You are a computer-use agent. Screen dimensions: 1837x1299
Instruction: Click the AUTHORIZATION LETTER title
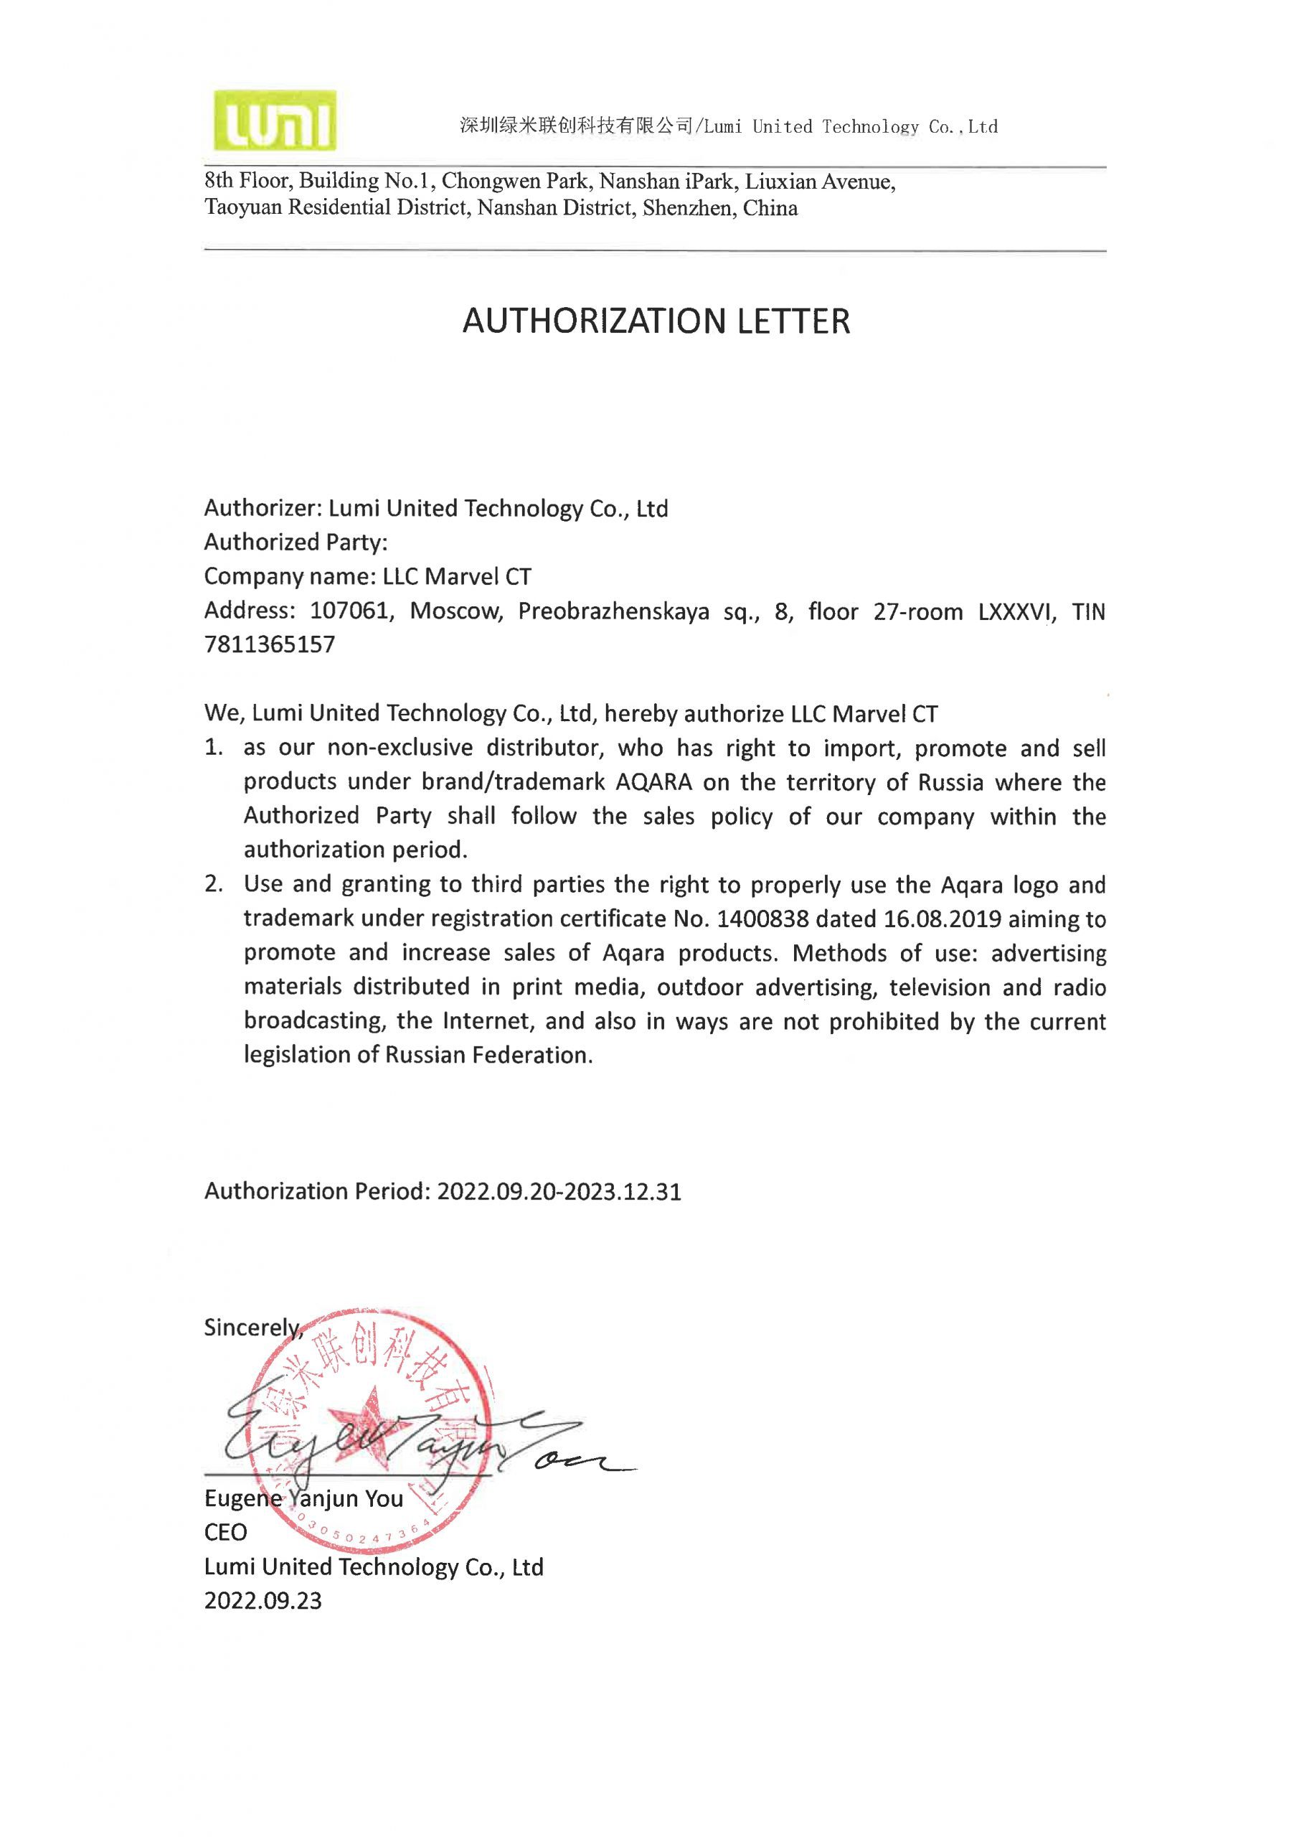tap(656, 321)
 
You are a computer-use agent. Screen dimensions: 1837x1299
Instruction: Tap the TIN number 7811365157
tap(270, 645)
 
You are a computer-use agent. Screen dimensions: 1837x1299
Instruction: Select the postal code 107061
tap(352, 612)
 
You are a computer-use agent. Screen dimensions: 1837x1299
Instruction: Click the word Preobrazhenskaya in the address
tap(613, 612)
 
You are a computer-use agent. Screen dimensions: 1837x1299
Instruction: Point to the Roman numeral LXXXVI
tap(1014, 612)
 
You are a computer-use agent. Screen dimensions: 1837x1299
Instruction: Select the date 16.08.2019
tap(943, 918)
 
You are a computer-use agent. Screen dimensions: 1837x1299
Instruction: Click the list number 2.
tap(213, 885)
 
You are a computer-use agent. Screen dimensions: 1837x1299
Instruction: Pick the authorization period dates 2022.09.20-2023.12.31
tap(559, 1192)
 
